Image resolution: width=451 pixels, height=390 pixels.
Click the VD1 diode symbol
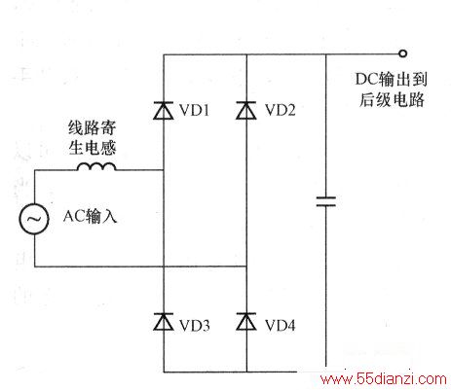164,111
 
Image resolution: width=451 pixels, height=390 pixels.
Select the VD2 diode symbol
246,111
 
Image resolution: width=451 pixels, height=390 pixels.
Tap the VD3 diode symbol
164,322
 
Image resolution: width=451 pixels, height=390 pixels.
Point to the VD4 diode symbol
246,322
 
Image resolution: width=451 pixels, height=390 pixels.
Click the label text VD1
195,110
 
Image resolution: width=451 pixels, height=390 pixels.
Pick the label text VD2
281,110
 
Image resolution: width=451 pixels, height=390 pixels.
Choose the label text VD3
195,326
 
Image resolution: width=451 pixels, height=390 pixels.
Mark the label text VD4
281,326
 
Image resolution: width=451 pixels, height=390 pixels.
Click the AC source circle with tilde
34,219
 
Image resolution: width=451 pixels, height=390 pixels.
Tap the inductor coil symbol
96,166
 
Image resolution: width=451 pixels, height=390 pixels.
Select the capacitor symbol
326,201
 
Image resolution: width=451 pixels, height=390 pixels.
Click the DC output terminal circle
402,53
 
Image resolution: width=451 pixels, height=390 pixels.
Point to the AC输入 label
90,216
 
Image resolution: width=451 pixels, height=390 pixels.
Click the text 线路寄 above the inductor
93,128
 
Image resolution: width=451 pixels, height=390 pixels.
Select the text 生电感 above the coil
93,148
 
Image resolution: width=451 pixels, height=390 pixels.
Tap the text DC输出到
391,80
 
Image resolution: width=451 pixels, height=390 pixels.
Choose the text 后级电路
392,99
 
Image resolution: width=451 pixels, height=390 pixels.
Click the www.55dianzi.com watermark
384,378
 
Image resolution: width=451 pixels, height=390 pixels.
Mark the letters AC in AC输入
73,216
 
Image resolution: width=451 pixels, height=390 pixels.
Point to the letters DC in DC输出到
366,80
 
